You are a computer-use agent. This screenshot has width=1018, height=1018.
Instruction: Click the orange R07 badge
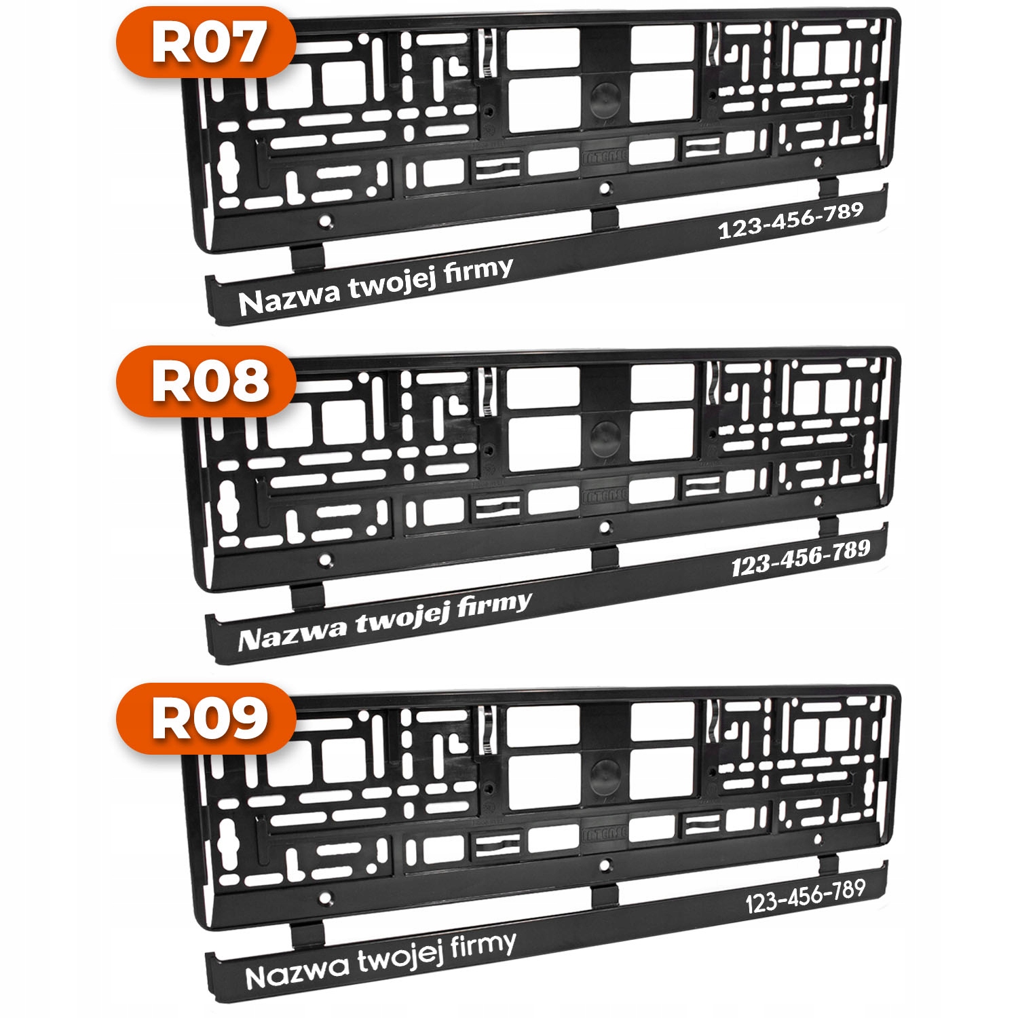point(206,42)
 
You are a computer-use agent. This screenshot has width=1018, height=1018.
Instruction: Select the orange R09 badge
point(206,719)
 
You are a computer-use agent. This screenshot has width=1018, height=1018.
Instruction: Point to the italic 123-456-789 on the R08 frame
point(801,558)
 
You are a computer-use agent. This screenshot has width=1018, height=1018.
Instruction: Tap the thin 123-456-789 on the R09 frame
point(806,897)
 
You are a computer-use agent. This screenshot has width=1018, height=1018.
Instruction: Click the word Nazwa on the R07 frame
point(289,298)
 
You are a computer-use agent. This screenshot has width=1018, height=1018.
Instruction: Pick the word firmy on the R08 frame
point(494,605)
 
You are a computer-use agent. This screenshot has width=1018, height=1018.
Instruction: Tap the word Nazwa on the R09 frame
point(297,973)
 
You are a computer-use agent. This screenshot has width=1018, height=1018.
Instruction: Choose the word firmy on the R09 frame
point(483,946)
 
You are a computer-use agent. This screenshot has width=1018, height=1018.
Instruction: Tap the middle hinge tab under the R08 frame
point(605,557)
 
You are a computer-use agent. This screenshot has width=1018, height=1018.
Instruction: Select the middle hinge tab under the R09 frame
point(605,895)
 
